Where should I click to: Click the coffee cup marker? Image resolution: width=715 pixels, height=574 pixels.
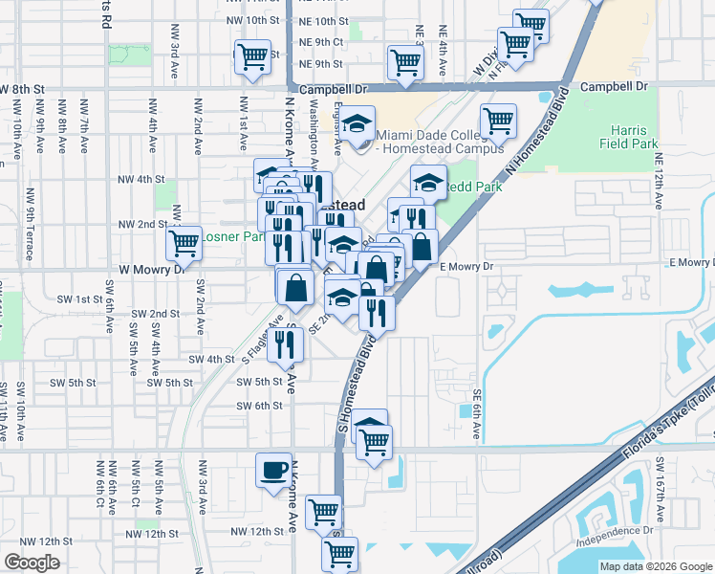(274, 469)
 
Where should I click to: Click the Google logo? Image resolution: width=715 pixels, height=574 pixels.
(32, 562)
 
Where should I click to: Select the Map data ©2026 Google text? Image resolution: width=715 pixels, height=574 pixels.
(656, 566)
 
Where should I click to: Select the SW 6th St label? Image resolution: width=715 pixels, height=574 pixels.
(259, 405)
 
